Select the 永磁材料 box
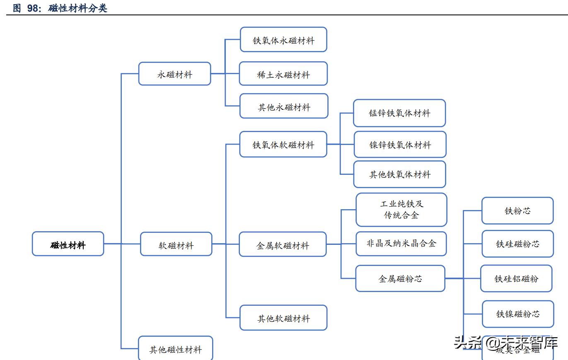[174, 74]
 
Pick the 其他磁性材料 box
[175, 348]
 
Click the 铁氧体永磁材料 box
[283, 40]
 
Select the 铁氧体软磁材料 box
[283, 144]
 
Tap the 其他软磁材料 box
[283, 318]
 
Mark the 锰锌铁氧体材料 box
[399, 113]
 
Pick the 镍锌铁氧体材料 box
[400, 144]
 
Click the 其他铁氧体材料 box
[399, 174]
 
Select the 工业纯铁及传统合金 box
[401, 210]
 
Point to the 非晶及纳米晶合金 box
[401, 244]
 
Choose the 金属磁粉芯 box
[400, 278]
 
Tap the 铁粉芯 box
[517, 210]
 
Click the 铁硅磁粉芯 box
[518, 244]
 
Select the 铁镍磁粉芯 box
[518, 314]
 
